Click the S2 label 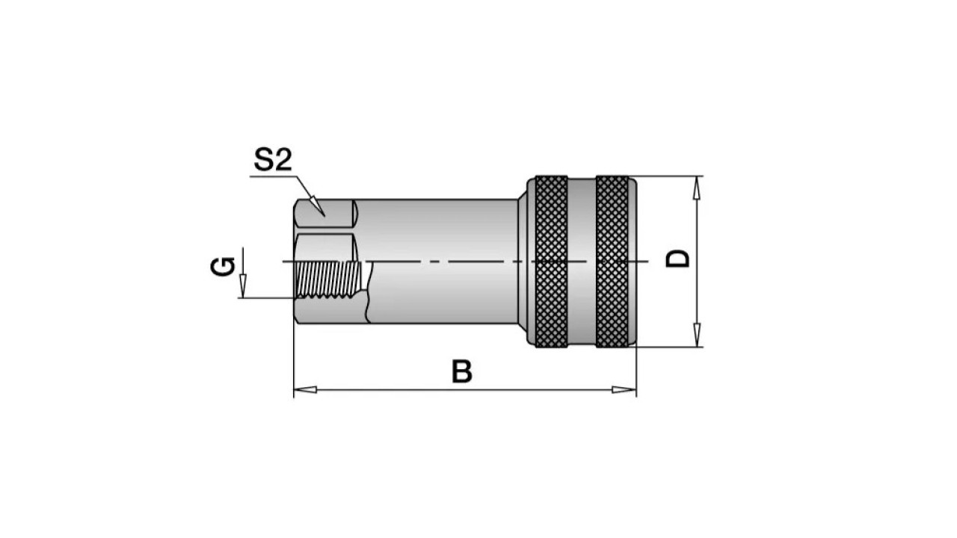(x=273, y=160)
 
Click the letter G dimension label (x=223, y=267)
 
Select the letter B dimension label (x=462, y=371)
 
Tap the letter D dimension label (x=677, y=259)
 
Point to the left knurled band (x=552, y=262)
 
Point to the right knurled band (x=612, y=262)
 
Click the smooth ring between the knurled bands (x=582, y=262)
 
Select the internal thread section (x=328, y=279)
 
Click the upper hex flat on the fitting (x=325, y=213)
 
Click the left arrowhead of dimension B (x=305, y=389)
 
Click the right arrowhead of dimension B (x=624, y=389)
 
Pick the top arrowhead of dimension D (x=697, y=188)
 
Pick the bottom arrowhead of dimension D (x=697, y=336)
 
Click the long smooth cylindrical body (x=440, y=262)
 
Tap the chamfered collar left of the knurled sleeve (x=523, y=262)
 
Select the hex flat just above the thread (x=325, y=247)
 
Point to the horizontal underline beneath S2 (x=274, y=176)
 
